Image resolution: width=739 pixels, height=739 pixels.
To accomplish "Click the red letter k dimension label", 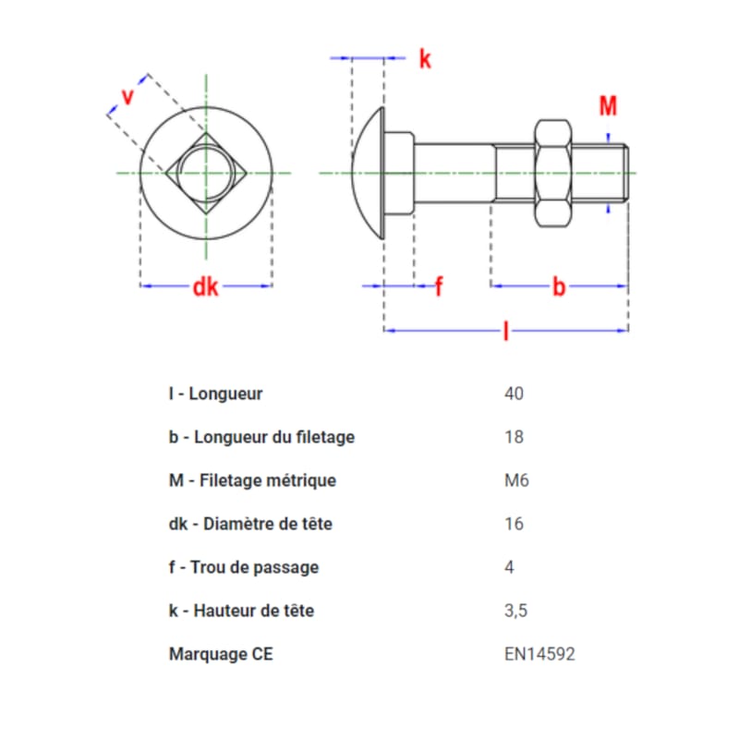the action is pos(425,59).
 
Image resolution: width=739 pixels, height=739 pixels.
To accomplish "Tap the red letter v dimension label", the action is pos(127,96).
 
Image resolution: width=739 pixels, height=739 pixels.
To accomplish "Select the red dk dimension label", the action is pos(205,286).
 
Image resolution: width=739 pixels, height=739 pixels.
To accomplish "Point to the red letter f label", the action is pos(439,286).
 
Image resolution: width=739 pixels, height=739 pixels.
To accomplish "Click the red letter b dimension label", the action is pos(559,286).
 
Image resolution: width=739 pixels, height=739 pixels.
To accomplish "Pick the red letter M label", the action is pos(608,105).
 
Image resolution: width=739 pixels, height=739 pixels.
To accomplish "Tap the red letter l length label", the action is pos(506,331).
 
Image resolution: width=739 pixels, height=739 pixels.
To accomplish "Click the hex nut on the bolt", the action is pos(552,173).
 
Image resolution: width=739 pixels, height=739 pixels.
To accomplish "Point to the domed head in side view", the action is pos(368,173).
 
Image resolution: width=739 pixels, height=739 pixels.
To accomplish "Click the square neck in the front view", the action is pos(206,173).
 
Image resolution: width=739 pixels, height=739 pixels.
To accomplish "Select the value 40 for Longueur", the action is pos(514,394).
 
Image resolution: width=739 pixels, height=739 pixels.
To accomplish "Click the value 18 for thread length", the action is pos(514,437).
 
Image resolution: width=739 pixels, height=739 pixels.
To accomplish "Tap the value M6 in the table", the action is pos(516,480).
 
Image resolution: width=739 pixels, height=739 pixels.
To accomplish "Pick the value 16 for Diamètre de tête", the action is pos(514,524).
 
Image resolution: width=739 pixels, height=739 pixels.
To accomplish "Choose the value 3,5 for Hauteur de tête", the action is pos(515,611).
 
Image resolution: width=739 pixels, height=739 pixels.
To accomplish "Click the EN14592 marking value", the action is pos(539,654).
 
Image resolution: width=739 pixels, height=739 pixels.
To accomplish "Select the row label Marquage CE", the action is pos(221,654).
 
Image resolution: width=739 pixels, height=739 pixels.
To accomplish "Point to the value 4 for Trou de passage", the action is pos(509,567).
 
